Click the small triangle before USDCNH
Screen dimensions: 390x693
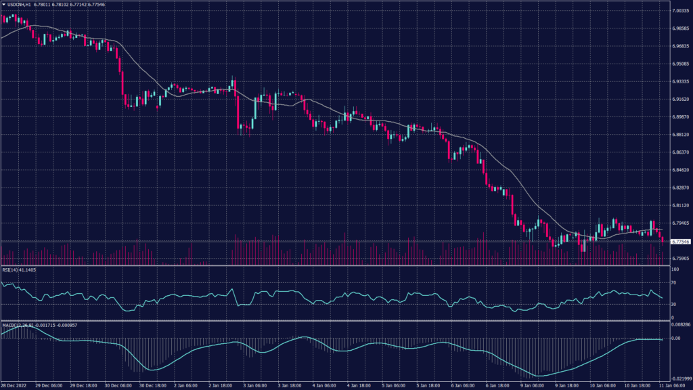click(x=4, y=3)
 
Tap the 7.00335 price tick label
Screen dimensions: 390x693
click(x=679, y=11)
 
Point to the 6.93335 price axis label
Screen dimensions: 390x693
click(x=679, y=81)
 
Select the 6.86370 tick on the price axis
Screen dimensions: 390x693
click(x=679, y=152)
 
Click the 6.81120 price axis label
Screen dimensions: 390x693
click(x=679, y=204)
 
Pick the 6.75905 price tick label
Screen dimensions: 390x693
click(x=679, y=257)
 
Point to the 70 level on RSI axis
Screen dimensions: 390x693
click(x=674, y=283)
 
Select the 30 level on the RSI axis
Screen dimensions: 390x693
click(x=674, y=304)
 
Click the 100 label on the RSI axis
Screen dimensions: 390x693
click(x=675, y=269)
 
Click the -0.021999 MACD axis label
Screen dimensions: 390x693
click(x=679, y=378)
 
